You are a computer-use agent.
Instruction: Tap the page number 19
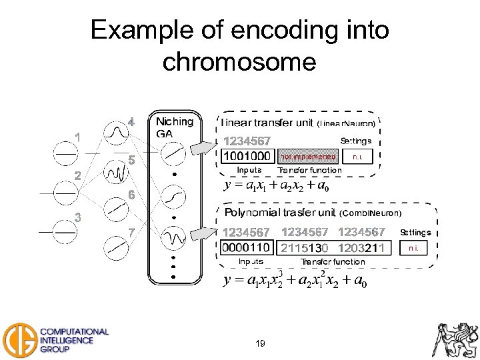260,344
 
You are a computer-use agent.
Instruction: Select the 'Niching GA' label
174,127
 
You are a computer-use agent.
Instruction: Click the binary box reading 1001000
246,156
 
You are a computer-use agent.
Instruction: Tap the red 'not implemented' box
308,157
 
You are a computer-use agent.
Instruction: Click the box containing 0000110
246,248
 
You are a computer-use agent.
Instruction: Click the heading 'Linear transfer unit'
267,123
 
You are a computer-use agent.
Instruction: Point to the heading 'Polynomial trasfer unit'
280,213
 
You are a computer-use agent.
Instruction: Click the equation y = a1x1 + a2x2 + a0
277,186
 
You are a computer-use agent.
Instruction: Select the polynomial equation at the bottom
294,281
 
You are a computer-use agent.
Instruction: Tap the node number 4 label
131,122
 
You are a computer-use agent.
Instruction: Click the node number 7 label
131,232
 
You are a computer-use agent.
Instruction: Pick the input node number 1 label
78,137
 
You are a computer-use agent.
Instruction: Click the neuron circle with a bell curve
117,134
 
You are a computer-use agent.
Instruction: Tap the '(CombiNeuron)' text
371,213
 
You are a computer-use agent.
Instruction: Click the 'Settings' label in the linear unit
356,141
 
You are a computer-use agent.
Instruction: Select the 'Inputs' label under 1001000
249,170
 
